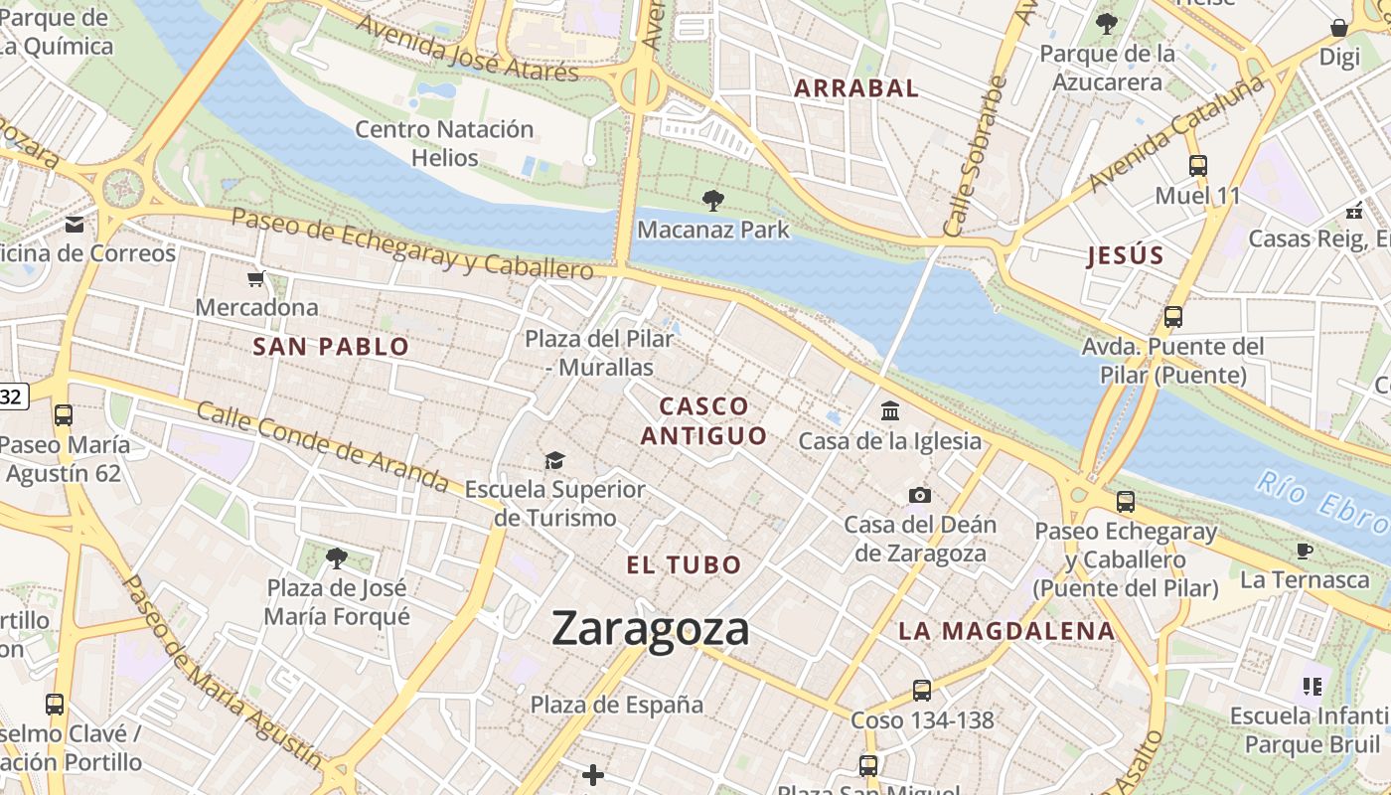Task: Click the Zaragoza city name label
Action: click(x=650, y=629)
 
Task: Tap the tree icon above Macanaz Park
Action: click(x=712, y=201)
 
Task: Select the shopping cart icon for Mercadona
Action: click(x=256, y=279)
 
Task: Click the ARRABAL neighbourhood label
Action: click(x=855, y=87)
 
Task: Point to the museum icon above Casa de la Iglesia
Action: click(x=890, y=410)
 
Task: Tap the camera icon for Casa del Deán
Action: click(x=920, y=495)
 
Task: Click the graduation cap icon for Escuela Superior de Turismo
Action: click(x=554, y=460)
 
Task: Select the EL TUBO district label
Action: click(x=684, y=565)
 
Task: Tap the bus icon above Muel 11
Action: click(x=1198, y=166)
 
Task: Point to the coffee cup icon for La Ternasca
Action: click(x=1305, y=551)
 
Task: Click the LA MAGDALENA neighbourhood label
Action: click(x=1006, y=631)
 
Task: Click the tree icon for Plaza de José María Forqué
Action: click(x=337, y=558)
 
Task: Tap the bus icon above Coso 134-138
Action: click(x=921, y=690)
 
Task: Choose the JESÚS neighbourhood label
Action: click(x=1125, y=255)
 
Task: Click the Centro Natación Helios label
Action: click(x=444, y=143)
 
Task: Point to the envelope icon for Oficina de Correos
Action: click(x=76, y=225)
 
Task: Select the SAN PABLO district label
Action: click(x=331, y=347)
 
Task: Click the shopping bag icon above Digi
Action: click(x=1339, y=29)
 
